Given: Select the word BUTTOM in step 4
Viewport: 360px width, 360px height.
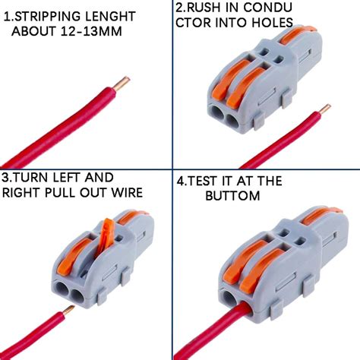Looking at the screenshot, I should pos(233,195).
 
